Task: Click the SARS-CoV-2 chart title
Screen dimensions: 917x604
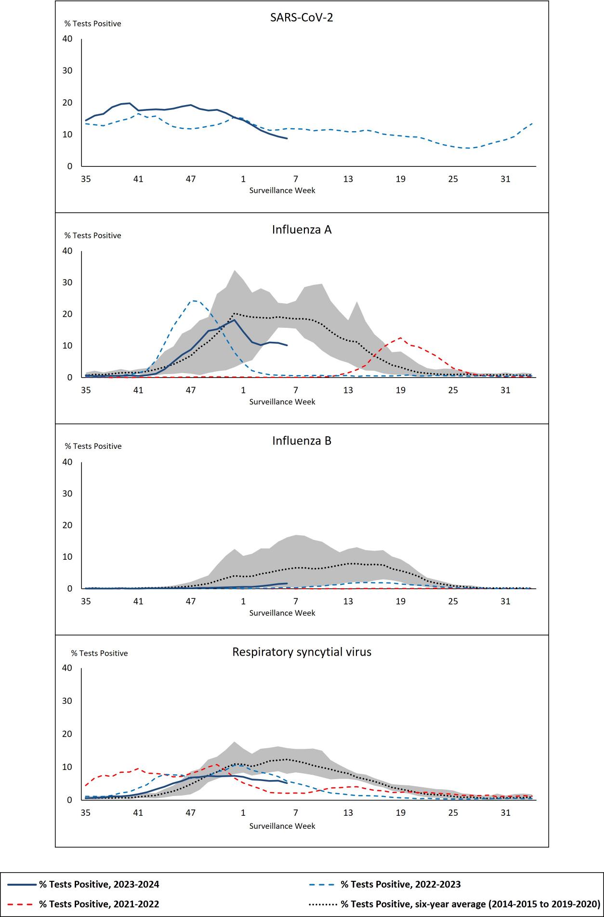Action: pyautogui.click(x=302, y=18)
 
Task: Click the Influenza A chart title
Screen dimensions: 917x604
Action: pyautogui.click(x=302, y=229)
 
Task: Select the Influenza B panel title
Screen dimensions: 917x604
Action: pyautogui.click(x=302, y=441)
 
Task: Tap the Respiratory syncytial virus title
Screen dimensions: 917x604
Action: pyautogui.click(x=302, y=652)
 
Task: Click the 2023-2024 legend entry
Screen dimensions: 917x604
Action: pyautogui.click(x=99, y=884)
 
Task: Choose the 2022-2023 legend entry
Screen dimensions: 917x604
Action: pyautogui.click(x=400, y=884)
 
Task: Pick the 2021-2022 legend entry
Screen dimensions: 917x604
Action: pyautogui.click(x=99, y=904)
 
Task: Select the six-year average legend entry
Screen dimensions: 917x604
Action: pyautogui.click(x=470, y=904)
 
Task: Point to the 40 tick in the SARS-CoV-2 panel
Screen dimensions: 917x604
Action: pyautogui.click(x=67, y=39)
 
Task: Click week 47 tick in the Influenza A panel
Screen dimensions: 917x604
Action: pyautogui.click(x=191, y=390)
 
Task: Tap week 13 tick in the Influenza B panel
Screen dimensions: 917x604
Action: pyautogui.click(x=348, y=601)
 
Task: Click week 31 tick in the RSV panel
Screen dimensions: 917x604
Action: pyautogui.click(x=505, y=812)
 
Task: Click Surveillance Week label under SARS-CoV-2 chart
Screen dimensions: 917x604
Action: pyautogui.click(x=282, y=190)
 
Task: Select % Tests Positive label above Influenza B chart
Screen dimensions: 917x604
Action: pyautogui.click(x=93, y=446)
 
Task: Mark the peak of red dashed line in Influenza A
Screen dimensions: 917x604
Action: pyautogui.click(x=400, y=337)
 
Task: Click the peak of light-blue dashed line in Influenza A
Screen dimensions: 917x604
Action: pyautogui.click(x=194, y=301)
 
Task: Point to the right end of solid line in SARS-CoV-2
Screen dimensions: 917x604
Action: pyautogui.click(x=287, y=139)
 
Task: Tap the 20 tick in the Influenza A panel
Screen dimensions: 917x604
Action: pyautogui.click(x=67, y=314)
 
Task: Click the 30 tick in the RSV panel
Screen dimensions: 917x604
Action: pyautogui.click(x=67, y=701)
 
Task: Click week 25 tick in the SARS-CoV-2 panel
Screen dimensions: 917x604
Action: pyautogui.click(x=453, y=179)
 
